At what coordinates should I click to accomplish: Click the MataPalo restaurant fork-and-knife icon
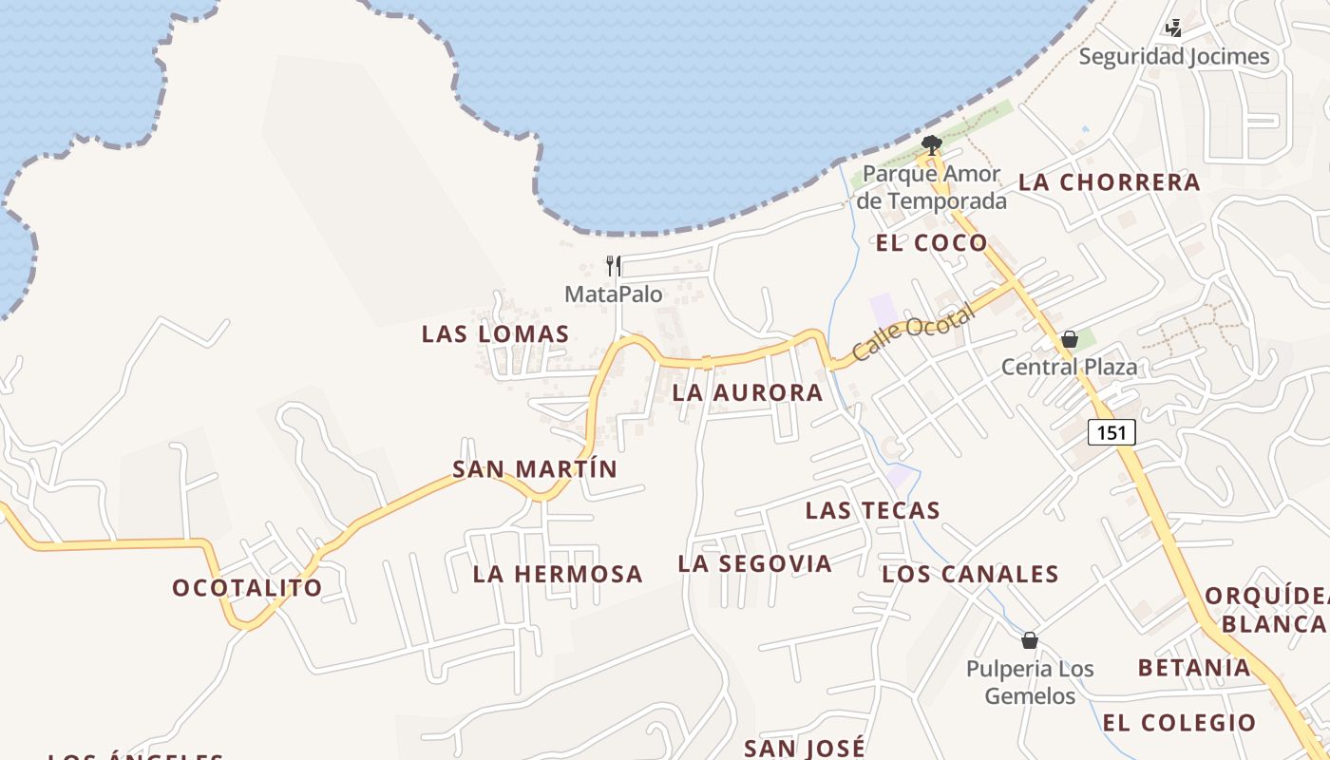614,266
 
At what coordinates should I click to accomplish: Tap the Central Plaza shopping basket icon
1070,339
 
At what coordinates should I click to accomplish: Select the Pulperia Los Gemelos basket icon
1030,640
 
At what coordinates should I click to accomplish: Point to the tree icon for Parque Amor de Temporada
932,145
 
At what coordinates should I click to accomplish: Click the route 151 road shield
1111,433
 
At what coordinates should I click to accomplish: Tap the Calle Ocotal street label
913,332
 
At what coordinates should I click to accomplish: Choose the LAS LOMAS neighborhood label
495,334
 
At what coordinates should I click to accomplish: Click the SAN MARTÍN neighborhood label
535,469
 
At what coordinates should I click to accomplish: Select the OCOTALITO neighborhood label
247,588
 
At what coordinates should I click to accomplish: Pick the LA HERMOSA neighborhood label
558,575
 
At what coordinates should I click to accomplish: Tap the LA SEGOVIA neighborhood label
754,564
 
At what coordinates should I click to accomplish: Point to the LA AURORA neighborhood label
747,393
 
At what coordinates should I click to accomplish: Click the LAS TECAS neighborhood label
872,511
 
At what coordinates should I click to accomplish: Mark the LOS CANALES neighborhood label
970,575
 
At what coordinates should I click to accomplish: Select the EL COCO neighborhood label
931,243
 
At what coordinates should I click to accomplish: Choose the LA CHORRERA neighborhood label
1110,182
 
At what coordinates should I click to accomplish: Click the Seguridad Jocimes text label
1173,57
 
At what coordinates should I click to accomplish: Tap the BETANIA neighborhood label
1194,668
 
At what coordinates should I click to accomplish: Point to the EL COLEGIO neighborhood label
1179,723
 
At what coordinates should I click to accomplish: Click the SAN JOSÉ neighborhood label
805,749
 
